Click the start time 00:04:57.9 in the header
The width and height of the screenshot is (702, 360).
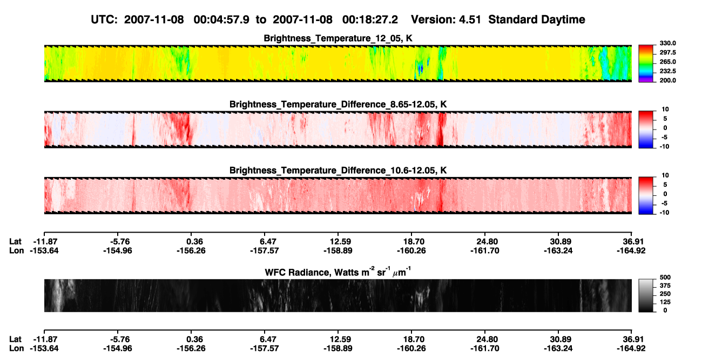coord(221,19)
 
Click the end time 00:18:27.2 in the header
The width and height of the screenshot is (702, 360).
coord(370,19)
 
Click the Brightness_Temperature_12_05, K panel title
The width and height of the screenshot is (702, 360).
coord(338,38)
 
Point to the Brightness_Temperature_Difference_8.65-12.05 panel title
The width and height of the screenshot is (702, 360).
coord(338,104)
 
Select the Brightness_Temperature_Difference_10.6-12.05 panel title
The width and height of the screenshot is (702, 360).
coord(338,171)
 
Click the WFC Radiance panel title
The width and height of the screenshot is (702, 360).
coord(338,272)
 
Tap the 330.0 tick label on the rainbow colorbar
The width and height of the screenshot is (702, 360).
coord(667,43)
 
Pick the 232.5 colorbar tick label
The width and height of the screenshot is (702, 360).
coord(667,71)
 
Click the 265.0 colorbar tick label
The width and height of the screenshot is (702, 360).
coord(667,62)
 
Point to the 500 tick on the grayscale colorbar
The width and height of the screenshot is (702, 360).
coord(665,277)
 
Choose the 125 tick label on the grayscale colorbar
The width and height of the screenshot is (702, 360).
coord(665,302)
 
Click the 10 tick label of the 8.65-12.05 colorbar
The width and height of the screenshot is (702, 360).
coord(665,110)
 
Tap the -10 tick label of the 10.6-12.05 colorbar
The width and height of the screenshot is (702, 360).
coord(664,213)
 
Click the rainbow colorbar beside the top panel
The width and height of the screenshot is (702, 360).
coord(646,64)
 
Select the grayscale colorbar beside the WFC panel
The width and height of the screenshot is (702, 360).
coord(646,295)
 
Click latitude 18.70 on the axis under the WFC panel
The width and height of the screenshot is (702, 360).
coord(411,339)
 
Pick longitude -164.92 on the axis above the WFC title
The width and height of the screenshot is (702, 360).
coord(631,250)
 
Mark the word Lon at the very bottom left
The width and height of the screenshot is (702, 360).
coord(16,349)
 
